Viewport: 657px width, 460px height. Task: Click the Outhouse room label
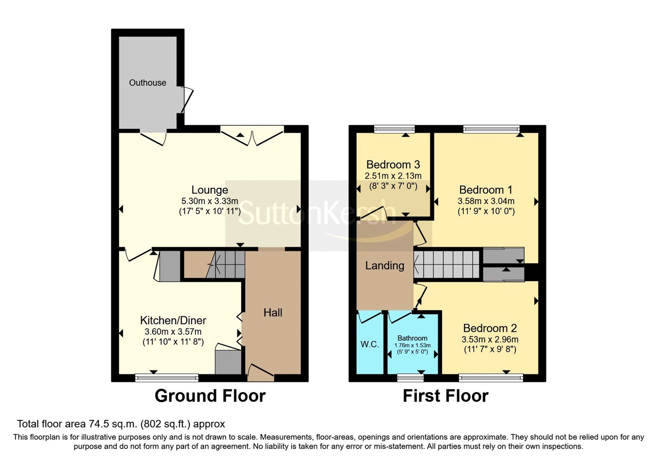coord(147,83)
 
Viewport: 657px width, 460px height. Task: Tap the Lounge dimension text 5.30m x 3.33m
coord(209,201)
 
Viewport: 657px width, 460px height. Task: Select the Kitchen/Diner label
coord(173,320)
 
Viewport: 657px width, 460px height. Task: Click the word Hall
coord(273,313)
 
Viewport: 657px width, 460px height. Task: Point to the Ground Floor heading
coord(210,396)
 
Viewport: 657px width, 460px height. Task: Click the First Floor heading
coord(446,396)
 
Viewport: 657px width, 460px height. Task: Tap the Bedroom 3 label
coord(393,165)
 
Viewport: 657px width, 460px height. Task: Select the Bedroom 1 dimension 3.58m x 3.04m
coord(486,201)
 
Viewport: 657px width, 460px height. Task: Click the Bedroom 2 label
coord(490,328)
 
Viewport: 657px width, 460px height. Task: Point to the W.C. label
coord(370,344)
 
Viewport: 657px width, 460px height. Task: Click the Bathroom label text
coord(412,338)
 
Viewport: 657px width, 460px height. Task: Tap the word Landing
coord(385,265)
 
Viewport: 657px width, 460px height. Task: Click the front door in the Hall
coord(260,370)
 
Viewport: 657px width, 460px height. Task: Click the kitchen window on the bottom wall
coord(167,377)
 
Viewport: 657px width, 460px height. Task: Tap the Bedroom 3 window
coord(394,129)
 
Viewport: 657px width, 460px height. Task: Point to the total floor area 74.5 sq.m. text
coord(121,424)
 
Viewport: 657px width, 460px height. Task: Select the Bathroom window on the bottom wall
coord(411,377)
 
